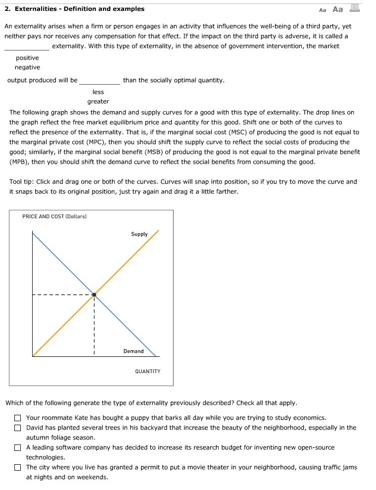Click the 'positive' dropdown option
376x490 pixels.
[x=27, y=58]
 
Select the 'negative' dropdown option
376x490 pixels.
[x=27, y=67]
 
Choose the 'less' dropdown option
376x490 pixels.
[x=98, y=92]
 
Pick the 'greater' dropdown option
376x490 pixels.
[x=98, y=101]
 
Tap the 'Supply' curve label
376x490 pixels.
[x=139, y=234]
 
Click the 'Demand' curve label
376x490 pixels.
[x=134, y=351]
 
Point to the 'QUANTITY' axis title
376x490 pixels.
[x=147, y=371]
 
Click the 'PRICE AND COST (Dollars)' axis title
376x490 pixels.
[x=54, y=216]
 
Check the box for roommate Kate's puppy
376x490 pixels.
[x=18, y=418]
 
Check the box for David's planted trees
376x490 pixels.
[x=18, y=428]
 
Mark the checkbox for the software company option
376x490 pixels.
[x=18, y=448]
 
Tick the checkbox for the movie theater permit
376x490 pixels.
[x=18, y=468]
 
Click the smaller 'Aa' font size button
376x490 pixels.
[x=323, y=9]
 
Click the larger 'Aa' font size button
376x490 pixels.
[x=338, y=9]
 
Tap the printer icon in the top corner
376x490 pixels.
[x=355, y=8]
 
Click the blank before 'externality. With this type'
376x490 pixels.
[x=27, y=47]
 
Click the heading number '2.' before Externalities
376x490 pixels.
[x=7, y=9]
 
